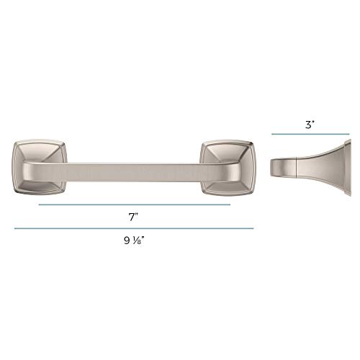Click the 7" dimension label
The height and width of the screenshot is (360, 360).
click(133, 217)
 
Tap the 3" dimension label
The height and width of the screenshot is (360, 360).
click(310, 125)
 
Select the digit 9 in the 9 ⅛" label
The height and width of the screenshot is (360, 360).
click(127, 240)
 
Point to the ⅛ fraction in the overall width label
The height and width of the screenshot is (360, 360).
click(136, 240)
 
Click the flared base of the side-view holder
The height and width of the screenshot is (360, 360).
click(322, 168)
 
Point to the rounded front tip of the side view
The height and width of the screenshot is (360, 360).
click(272, 168)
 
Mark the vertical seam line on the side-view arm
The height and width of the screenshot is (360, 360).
click(297, 168)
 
